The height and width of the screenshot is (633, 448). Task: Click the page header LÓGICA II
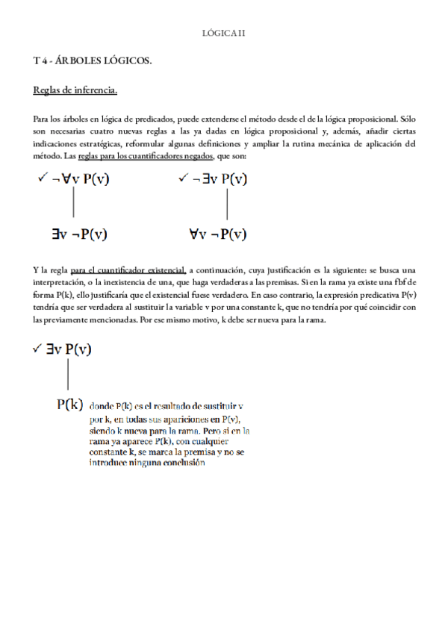[224, 33]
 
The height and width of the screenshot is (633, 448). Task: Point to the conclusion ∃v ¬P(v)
[79, 234]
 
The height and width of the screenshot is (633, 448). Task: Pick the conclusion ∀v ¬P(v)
[220, 234]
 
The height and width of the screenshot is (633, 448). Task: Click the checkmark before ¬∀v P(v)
[41, 178]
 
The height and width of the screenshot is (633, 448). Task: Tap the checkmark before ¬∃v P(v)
[184, 178]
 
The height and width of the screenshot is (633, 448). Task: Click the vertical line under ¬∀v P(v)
[73, 204]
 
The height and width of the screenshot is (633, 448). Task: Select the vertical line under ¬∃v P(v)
[226, 204]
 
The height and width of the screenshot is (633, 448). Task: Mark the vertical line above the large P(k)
[68, 374]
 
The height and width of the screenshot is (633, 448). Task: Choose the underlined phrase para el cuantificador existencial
[140, 269]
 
